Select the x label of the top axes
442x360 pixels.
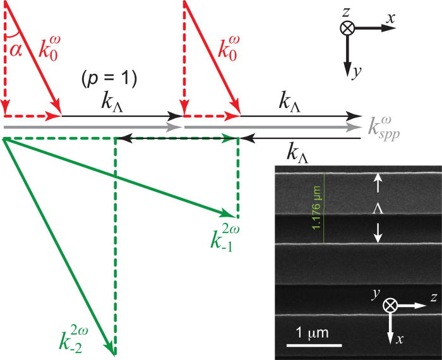tap(392, 19)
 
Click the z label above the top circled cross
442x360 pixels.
tap(347, 11)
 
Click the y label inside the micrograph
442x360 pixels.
tap(377, 294)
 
